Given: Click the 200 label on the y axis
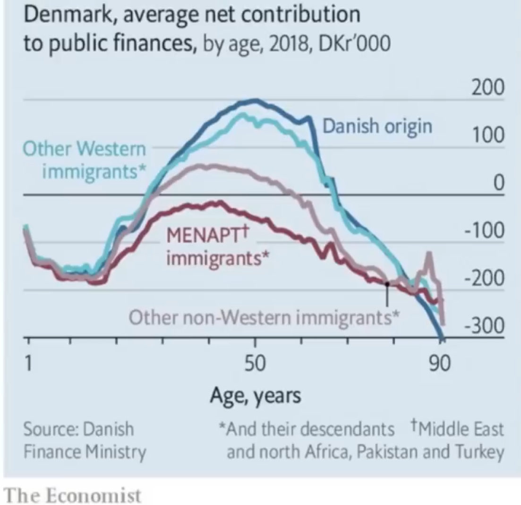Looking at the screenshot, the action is tap(488, 87).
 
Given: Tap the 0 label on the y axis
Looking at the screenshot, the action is tap(499, 183).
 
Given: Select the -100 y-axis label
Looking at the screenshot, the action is tap(485, 230).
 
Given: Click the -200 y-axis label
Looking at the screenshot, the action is tap(485, 278).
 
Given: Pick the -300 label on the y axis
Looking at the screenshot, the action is tap(485, 325).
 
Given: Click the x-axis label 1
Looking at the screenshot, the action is tap(28, 363).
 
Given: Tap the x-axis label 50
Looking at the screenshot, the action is tap(255, 363).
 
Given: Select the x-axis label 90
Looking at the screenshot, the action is tap(440, 363).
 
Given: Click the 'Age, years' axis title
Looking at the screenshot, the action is tap(255, 396).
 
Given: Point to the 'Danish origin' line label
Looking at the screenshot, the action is tap(377, 127).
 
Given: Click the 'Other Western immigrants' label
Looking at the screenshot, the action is tap(85, 160).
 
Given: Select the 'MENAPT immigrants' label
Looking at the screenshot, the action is tap(218, 246).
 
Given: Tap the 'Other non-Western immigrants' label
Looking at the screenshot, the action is tap(264, 317).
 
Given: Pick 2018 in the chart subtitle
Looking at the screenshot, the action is tap(288, 44).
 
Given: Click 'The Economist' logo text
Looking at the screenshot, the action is tap(72, 496).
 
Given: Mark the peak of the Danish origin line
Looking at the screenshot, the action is tap(255, 100).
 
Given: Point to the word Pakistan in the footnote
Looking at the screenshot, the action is tap(387, 452).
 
